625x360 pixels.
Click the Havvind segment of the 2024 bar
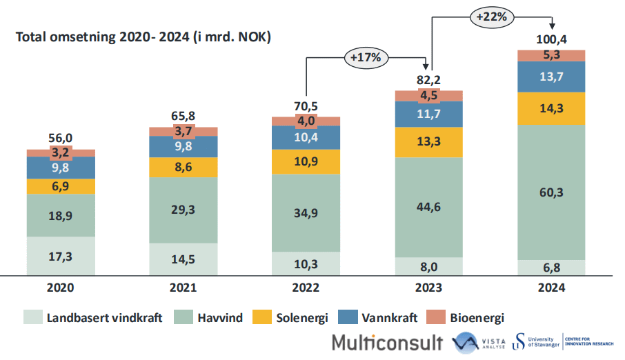[x=550, y=192]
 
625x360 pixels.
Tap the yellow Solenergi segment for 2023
[x=428, y=142]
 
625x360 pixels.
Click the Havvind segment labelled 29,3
[x=183, y=210]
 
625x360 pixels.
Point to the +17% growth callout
[x=366, y=58]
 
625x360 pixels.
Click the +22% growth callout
[x=491, y=17]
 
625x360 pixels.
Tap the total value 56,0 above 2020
[x=61, y=137]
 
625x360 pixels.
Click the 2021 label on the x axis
[x=183, y=289]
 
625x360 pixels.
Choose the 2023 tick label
[x=428, y=289]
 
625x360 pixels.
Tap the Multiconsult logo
[x=386, y=342]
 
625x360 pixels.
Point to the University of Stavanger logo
[x=538, y=341]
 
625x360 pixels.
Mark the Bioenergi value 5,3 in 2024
[x=550, y=55]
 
